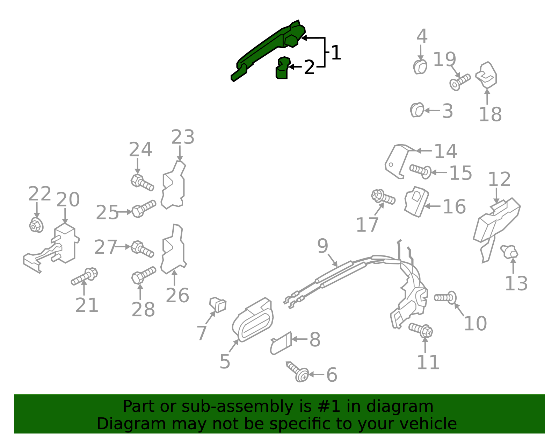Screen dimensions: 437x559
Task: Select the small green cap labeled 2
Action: pyautogui.click(x=283, y=68)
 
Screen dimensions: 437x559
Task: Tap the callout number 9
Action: pyautogui.click(x=322, y=246)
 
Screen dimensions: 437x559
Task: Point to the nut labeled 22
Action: pyautogui.click(x=36, y=225)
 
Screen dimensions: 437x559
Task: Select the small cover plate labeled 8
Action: pyautogui.click(x=281, y=343)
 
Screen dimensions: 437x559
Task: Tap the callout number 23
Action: pyautogui.click(x=182, y=137)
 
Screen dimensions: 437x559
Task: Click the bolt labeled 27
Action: pyautogui.click(x=142, y=249)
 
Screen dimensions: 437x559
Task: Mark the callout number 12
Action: pyautogui.click(x=499, y=179)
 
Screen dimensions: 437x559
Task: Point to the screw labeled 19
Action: pyautogui.click(x=459, y=82)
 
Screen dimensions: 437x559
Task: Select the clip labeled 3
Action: pyautogui.click(x=417, y=110)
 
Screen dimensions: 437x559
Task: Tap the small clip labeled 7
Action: pyautogui.click(x=218, y=304)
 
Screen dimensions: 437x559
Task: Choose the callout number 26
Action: pyautogui.click(x=177, y=296)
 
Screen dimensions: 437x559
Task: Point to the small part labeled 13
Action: pyautogui.click(x=509, y=251)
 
